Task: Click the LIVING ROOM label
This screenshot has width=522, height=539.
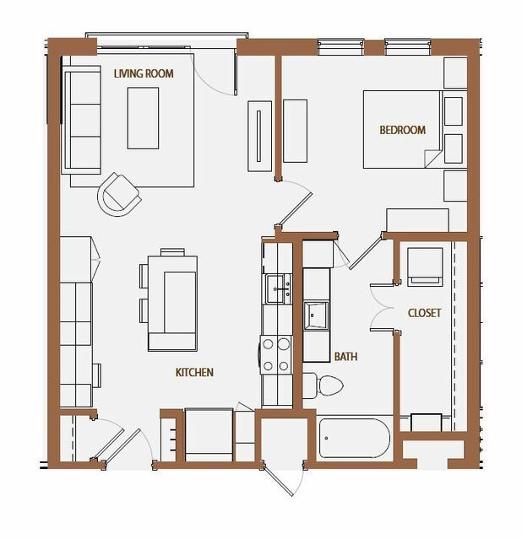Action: pos(144,73)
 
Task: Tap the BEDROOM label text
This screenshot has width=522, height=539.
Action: pos(403,130)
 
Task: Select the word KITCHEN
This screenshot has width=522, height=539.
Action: pos(194,372)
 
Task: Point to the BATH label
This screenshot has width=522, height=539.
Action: pos(345,357)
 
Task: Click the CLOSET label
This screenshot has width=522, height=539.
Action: pos(424,313)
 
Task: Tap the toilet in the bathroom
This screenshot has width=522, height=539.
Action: pos(323,385)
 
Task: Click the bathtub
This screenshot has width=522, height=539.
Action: pos(354,438)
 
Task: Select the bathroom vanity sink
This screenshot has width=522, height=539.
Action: pos(316,315)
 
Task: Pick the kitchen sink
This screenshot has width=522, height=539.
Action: pos(278,288)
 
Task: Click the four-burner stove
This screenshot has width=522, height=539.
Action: pos(276,355)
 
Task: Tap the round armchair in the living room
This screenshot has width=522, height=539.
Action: pos(119,195)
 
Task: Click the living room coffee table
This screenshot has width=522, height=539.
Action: pos(143,118)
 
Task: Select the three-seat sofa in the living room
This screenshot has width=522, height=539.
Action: pos(81,120)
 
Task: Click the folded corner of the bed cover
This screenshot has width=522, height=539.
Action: pos(432,159)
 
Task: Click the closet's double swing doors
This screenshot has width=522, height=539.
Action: pos(382,307)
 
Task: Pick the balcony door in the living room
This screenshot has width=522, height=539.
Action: pos(215,73)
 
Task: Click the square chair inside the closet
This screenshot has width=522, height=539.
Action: pos(425,267)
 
